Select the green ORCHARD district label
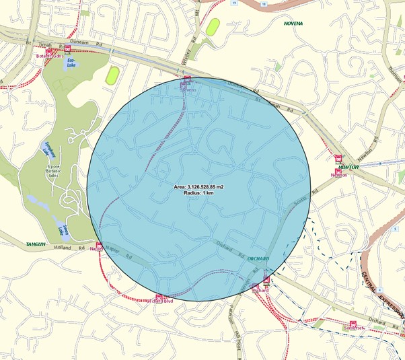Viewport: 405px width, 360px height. click(x=258, y=258)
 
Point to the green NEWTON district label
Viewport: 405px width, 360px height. click(x=348, y=166)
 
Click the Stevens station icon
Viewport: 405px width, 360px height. click(x=187, y=79)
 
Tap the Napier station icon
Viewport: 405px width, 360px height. click(x=99, y=246)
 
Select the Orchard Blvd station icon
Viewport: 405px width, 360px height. click(x=159, y=297)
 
